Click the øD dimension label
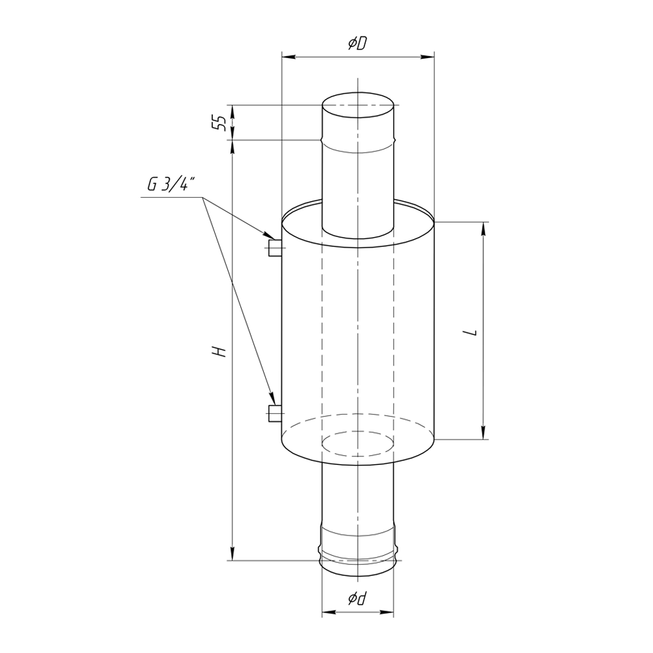[358, 43]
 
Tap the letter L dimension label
[471, 332]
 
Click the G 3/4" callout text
[171, 183]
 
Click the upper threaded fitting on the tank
[275, 248]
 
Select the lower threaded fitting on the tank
[275, 413]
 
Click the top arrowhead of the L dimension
[483, 229]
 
